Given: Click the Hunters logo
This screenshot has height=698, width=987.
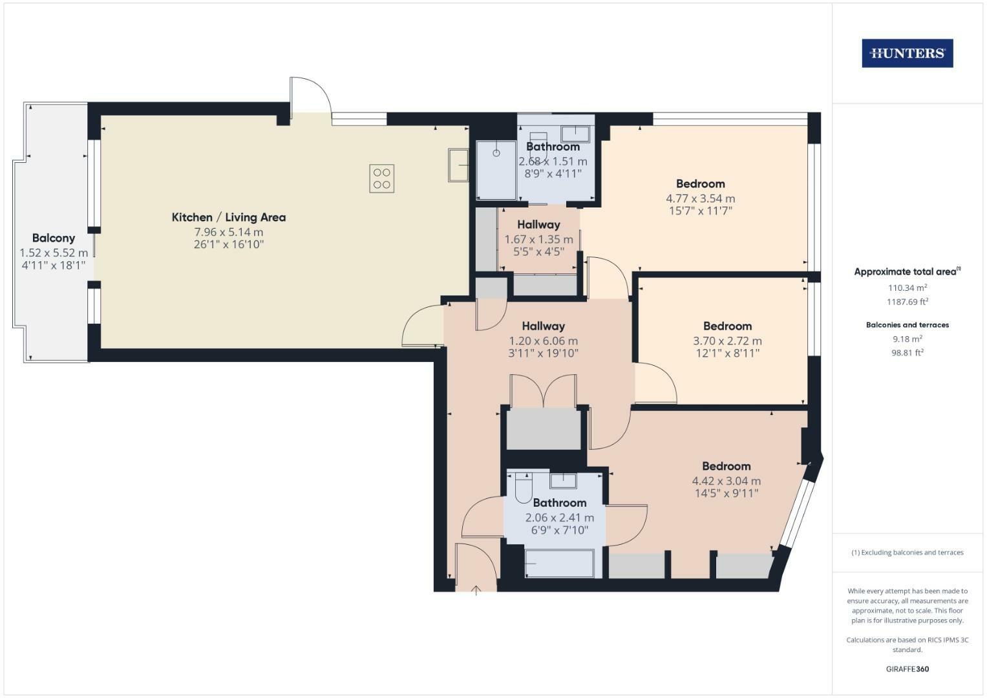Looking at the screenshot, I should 907,54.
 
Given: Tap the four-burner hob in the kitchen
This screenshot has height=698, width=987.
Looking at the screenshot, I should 381,178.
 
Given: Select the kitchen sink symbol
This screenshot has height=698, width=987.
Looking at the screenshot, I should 459,165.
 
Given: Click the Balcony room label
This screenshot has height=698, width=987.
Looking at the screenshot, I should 54,238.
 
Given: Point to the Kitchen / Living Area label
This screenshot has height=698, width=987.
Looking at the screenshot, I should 229,217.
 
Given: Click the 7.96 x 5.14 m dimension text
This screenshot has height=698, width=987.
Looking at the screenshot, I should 229,232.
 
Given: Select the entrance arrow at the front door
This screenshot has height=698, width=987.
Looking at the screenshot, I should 476,589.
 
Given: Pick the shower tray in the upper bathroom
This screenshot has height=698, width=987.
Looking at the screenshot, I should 496,170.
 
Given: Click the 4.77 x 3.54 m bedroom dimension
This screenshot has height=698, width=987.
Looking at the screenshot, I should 700,198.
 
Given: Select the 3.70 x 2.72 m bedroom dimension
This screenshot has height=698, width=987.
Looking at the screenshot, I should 727,341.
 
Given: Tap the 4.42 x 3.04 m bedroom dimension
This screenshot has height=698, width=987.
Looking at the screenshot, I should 726,481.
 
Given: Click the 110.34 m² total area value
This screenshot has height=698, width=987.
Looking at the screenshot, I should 907,288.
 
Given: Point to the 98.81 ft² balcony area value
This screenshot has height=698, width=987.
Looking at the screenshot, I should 907,353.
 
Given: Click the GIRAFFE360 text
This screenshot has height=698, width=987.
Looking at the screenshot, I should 907,669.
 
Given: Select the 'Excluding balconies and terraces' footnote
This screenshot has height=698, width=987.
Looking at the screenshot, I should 907,553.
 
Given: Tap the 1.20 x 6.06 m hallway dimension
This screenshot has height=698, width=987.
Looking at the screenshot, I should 543,341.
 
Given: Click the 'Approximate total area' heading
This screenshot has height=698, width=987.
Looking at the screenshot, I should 907,272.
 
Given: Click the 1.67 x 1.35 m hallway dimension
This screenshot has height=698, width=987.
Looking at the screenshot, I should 538,239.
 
